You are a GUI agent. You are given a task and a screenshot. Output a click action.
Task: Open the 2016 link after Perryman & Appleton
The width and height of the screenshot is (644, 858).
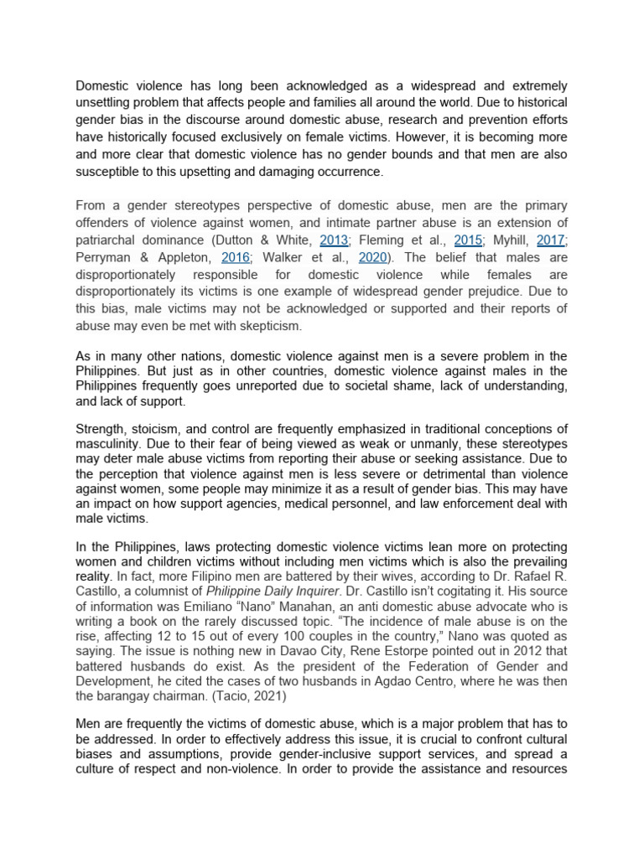(236, 257)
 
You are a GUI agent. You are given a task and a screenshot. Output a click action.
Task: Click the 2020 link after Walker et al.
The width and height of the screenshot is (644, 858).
(372, 257)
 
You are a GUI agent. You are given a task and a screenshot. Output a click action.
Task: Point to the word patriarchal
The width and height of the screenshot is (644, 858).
(108, 240)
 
